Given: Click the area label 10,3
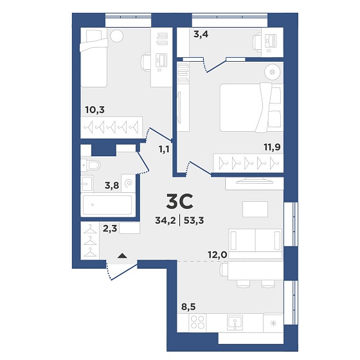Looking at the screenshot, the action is (95, 110).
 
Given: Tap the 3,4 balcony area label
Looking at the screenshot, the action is (201, 35).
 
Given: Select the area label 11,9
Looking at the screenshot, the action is (273, 147).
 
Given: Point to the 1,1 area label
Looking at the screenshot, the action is (164, 149).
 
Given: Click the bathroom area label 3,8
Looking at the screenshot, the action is (112, 186).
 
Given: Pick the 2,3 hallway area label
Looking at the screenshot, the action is (110, 229).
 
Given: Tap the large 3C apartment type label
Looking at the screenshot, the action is (179, 201).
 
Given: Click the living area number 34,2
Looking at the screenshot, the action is (165, 221).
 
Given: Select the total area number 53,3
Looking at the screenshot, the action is (194, 221).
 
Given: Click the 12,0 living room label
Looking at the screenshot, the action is (217, 255).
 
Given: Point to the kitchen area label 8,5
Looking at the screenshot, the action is (188, 307).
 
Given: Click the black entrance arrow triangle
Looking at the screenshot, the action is (122, 256).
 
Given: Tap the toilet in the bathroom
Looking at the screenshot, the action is (91, 165).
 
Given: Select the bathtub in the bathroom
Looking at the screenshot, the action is (107, 205).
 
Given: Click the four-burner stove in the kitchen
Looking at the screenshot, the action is (198, 322).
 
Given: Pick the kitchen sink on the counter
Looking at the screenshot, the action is (235, 322).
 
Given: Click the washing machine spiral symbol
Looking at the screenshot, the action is (129, 183).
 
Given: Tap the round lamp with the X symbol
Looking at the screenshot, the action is (273, 71).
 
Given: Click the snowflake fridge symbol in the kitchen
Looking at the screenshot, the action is (273, 323).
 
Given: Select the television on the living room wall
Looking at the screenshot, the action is (255, 181).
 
